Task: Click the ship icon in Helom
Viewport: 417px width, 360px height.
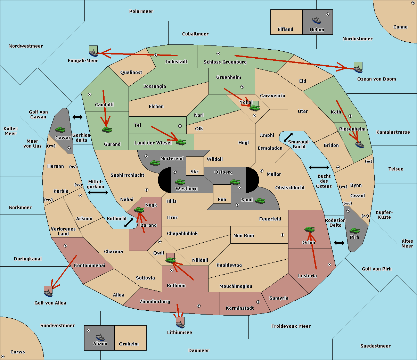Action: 317,20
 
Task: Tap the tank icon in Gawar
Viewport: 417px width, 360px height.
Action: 60,129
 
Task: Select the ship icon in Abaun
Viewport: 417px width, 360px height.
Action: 100,337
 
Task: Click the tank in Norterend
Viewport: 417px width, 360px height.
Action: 155,163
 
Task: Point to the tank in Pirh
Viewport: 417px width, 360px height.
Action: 354,231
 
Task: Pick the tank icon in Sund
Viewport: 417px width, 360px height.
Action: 260,201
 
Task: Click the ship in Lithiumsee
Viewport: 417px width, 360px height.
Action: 180,324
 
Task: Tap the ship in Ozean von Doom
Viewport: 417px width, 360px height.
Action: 358,69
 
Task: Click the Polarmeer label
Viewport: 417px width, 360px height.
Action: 141,11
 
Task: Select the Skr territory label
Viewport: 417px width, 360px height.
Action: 195,171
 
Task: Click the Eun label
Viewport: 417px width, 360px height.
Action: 222,199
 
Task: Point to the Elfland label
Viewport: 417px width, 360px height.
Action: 285,29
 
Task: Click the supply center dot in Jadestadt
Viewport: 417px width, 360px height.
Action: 156,55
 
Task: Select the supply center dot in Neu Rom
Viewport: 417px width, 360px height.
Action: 283,235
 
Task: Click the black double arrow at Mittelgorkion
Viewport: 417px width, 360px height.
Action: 98,192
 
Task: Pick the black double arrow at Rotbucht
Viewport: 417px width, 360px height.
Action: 129,223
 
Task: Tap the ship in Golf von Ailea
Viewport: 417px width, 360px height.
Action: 48,293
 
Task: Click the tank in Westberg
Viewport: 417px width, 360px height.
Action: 180,182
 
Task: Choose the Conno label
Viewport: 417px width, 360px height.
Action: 400,27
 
